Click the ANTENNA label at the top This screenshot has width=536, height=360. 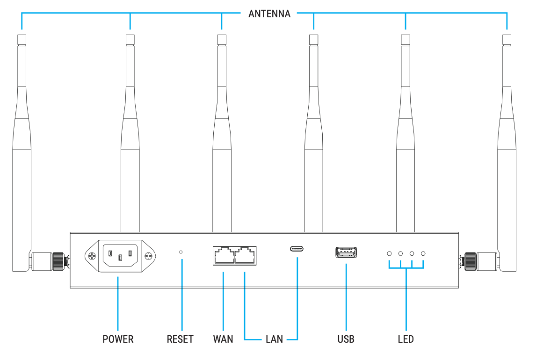269,14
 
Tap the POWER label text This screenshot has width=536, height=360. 118,339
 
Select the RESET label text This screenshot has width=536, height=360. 180,339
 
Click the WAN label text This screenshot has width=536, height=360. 223,339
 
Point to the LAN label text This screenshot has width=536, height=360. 274,339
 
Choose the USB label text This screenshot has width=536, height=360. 346,339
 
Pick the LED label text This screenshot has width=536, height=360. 406,339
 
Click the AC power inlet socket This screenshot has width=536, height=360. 120,256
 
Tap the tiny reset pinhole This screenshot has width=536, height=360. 181,252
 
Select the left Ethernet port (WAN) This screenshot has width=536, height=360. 223,256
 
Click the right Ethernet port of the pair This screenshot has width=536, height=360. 245,256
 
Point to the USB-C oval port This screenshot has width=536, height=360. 297,248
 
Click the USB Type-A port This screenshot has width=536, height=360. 346,252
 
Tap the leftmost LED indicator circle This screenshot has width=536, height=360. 389,253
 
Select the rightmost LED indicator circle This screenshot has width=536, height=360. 423,253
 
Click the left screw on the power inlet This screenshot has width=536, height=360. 92,256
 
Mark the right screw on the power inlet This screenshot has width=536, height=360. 149,256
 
